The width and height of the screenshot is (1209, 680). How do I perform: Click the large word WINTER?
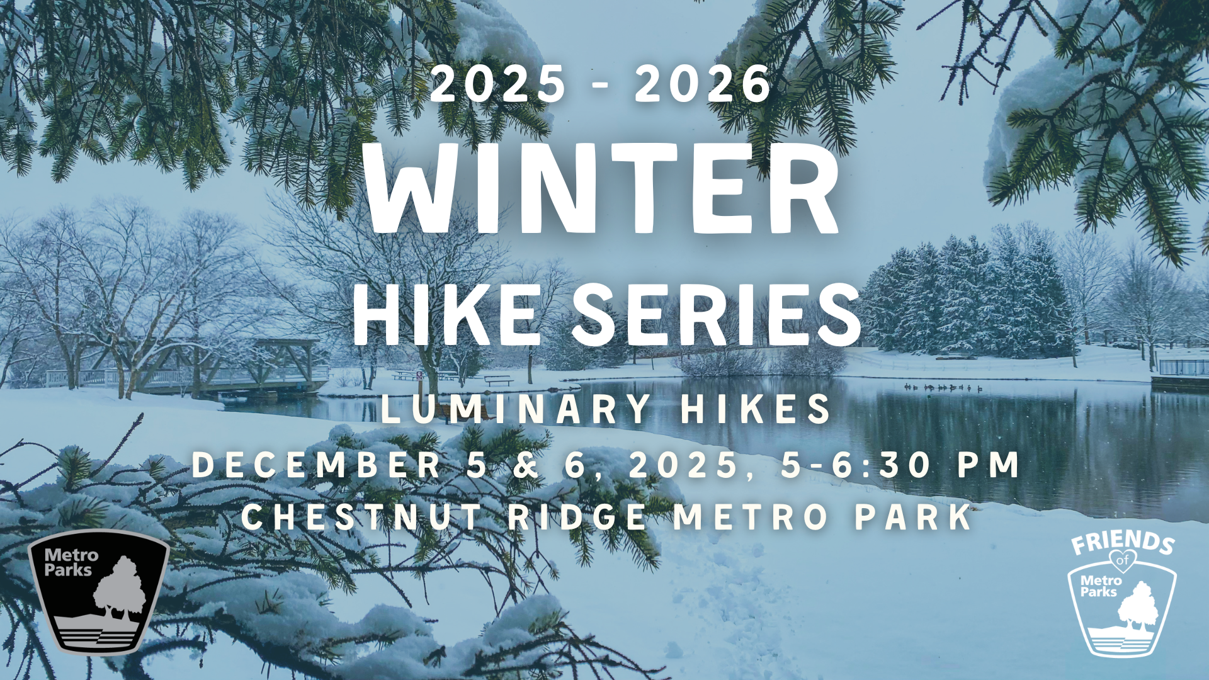603,189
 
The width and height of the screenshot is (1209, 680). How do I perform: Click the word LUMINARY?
516,409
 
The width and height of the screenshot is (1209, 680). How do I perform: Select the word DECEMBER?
317,465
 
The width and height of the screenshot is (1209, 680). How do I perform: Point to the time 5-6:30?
856,465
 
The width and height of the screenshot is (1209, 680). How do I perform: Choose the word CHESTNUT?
361,517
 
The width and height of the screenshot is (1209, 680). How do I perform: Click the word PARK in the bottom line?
913,517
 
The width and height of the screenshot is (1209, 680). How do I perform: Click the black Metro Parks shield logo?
99,592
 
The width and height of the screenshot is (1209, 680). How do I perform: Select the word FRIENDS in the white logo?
1123,543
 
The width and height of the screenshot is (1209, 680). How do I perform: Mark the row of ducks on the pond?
943,387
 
